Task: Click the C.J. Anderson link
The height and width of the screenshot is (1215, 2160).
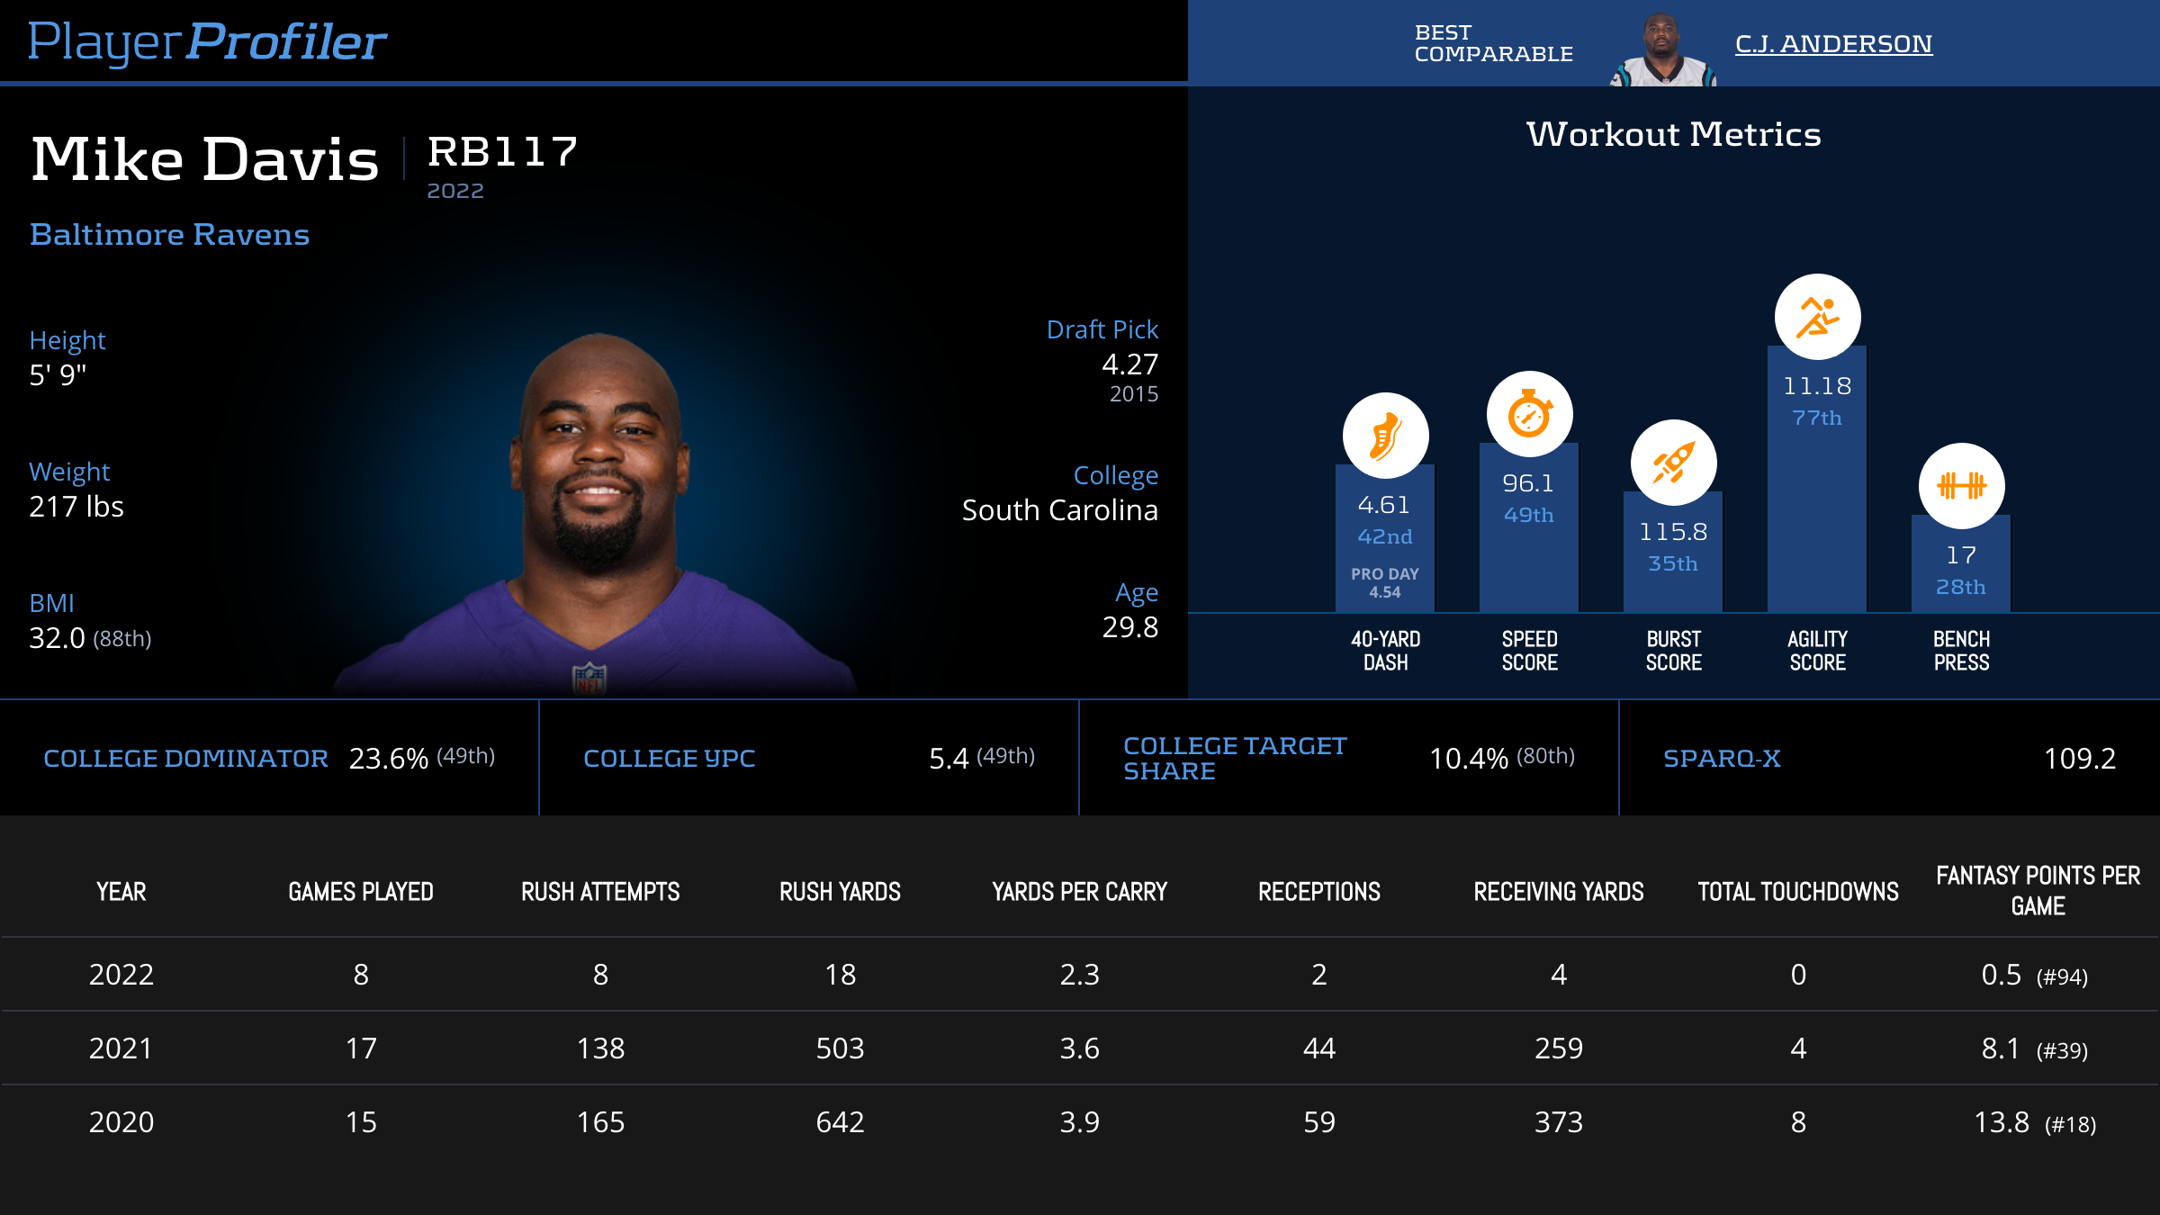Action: point(1833,44)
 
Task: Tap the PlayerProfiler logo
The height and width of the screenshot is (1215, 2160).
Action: point(207,42)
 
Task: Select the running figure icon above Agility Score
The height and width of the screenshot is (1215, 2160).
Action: point(1817,317)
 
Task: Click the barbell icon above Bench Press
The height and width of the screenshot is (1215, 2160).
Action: point(1961,486)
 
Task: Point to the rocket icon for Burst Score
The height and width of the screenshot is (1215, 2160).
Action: point(1673,463)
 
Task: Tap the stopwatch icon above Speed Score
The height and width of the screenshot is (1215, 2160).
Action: point(1529,414)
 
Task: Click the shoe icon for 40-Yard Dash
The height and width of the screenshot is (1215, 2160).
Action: point(1385,436)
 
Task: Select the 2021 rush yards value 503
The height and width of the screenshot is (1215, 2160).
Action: point(840,1048)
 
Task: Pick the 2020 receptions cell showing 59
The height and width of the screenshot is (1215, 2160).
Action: point(1318,1122)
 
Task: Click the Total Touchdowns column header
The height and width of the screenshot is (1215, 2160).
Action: point(1797,892)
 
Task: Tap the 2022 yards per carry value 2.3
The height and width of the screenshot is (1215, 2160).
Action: point(1079,975)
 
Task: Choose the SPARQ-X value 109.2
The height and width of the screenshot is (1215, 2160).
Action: point(2079,759)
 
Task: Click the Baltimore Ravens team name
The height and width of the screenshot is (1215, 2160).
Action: point(169,235)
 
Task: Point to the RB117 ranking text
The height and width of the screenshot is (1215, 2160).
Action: point(502,152)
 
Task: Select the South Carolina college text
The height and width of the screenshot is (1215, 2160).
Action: point(1059,510)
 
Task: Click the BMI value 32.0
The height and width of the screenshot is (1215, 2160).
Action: point(58,638)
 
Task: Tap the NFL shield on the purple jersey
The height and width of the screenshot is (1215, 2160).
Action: point(589,678)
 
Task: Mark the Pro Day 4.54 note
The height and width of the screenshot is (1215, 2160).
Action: point(1384,583)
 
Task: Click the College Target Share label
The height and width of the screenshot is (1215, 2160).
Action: point(1234,759)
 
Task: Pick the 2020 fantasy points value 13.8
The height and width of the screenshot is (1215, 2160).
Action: point(2002,1122)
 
